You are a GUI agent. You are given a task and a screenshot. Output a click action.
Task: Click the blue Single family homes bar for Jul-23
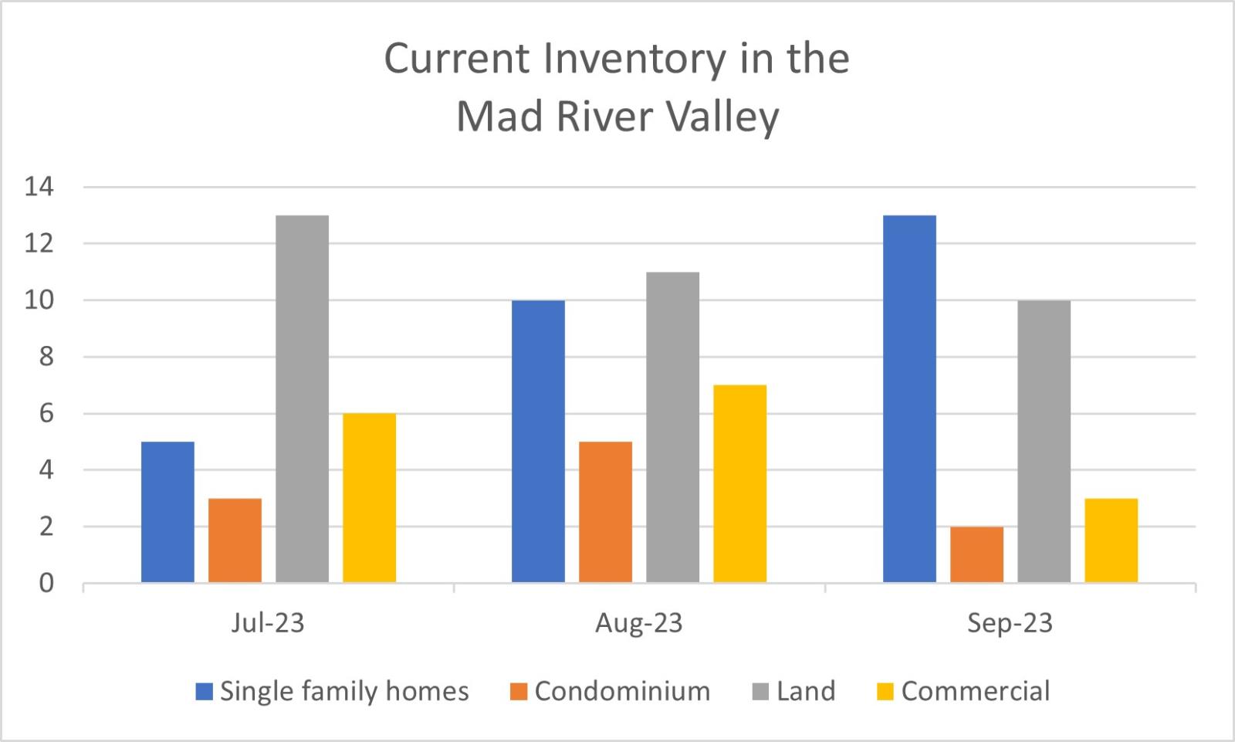(167, 512)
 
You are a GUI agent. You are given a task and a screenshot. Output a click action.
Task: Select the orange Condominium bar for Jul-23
(235, 540)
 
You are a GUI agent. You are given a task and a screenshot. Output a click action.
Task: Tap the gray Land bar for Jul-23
(302, 399)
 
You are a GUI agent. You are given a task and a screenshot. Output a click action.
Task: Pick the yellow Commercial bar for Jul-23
(370, 498)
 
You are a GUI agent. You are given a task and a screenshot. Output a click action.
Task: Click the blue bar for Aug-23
(538, 442)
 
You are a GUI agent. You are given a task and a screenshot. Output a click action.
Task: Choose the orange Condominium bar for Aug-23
(605, 512)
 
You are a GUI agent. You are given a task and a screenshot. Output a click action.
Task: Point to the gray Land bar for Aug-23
(672, 428)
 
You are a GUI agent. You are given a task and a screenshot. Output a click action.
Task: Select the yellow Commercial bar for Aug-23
(740, 484)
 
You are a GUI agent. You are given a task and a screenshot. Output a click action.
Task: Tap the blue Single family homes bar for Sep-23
(910, 399)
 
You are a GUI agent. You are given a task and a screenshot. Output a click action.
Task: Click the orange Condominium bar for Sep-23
(977, 555)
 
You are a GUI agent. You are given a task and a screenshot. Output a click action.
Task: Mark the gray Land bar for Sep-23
(1044, 442)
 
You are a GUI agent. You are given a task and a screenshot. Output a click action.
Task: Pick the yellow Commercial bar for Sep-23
(1111, 540)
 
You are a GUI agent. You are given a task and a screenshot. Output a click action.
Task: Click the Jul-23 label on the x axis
(268, 623)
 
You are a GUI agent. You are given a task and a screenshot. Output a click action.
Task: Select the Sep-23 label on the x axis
(1010, 623)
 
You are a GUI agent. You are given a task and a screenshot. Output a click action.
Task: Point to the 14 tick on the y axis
(39, 187)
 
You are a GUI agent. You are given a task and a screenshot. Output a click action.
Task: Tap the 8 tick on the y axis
(46, 357)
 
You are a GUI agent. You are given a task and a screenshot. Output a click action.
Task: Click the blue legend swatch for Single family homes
(205, 692)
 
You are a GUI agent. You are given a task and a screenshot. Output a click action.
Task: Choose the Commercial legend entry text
(976, 691)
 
